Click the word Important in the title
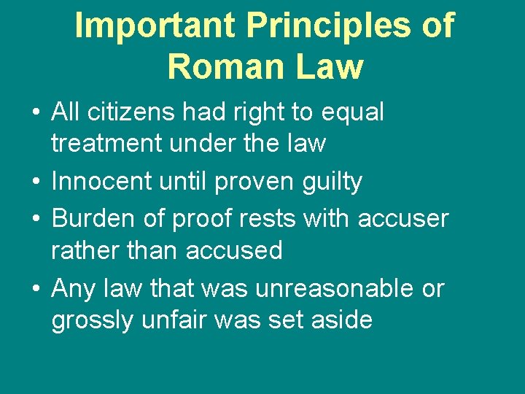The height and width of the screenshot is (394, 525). pyautogui.click(x=155, y=26)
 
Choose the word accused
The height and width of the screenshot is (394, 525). pyautogui.click(x=233, y=250)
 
